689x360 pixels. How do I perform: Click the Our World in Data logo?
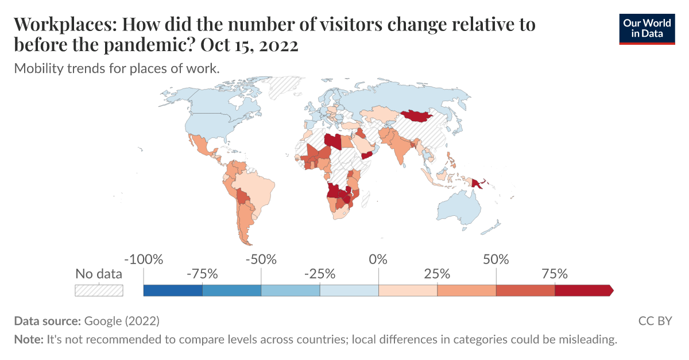pyautogui.click(x=647, y=28)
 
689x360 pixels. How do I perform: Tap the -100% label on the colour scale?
pyautogui.click(x=144, y=260)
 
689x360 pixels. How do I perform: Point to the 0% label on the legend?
pyautogui.click(x=378, y=260)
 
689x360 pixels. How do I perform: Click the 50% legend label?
pyautogui.click(x=496, y=260)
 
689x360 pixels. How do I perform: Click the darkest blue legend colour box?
pyautogui.click(x=173, y=291)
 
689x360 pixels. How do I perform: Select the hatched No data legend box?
pyautogui.click(x=99, y=291)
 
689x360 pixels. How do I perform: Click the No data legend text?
pyautogui.click(x=99, y=274)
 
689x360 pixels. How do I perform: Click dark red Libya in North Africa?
pyautogui.click(x=332, y=141)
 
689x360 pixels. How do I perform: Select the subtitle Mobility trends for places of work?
pyautogui.click(x=117, y=68)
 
